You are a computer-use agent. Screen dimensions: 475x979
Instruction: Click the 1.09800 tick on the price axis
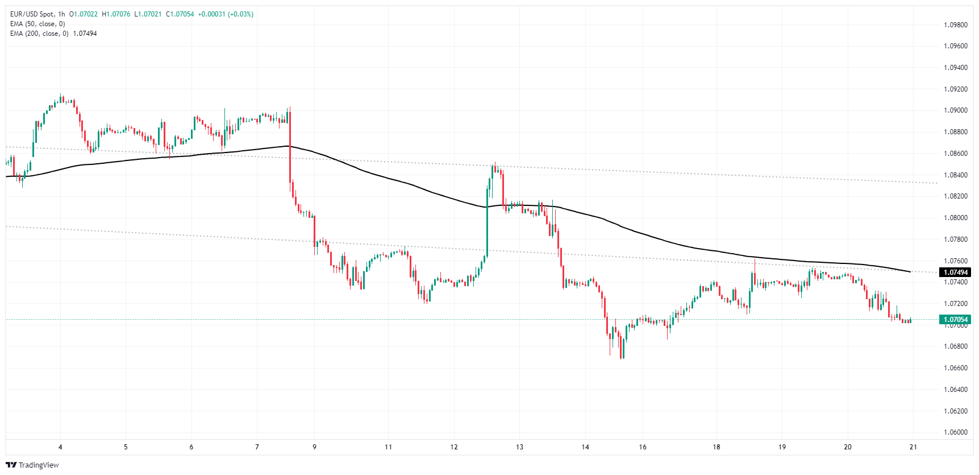pos(955,25)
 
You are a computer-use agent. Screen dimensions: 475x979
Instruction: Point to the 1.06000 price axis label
pos(955,432)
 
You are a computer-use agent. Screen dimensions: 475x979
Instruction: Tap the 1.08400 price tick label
pos(955,175)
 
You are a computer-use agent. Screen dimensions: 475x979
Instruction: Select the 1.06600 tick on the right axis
pos(955,368)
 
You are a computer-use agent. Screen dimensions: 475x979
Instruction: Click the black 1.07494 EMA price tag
pos(956,272)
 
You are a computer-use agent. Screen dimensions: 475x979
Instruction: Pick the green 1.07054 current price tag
pos(956,320)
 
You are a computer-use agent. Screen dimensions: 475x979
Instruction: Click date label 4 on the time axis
pos(60,447)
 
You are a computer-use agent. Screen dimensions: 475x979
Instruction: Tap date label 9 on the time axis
pos(314,447)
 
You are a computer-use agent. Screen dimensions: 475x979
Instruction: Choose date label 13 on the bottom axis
pos(519,447)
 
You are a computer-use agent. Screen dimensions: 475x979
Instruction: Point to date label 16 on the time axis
pos(643,447)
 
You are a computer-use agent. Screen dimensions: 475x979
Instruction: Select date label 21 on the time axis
pos(913,447)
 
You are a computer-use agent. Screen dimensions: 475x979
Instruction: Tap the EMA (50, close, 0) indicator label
pos(38,24)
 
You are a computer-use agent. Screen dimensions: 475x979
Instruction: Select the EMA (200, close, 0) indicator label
pos(39,34)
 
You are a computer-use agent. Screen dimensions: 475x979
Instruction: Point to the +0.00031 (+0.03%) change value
pos(225,14)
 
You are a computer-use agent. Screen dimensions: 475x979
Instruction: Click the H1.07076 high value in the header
pos(116,14)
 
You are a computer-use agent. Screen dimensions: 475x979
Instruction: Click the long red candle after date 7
pos(290,148)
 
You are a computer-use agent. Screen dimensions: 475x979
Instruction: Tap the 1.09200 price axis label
pos(955,89)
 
